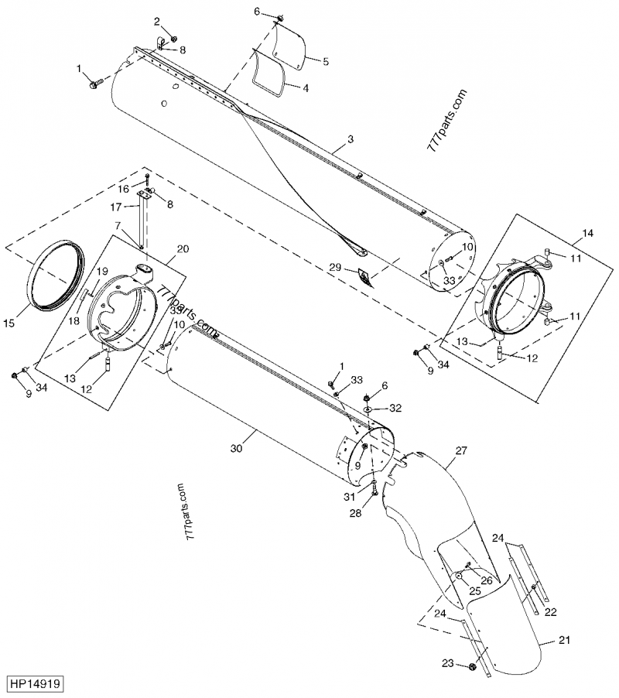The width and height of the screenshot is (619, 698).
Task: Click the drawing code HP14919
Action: click(x=36, y=684)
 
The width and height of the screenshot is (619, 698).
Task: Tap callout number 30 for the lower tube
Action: click(x=238, y=447)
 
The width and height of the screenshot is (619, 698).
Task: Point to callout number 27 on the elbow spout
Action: click(x=462, y=450)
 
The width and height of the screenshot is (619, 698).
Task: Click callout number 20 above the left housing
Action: click(x=183, y=248)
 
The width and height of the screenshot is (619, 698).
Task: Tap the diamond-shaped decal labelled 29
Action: click(x=364, y=275)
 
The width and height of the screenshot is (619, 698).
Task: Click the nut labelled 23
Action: click(x=472, y=666)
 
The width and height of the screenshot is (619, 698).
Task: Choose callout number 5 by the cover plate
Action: click(x=326, y=61)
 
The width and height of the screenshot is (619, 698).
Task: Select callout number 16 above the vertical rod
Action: click(x=123, y=188)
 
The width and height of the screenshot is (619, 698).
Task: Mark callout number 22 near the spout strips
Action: click(x=551, y=613)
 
